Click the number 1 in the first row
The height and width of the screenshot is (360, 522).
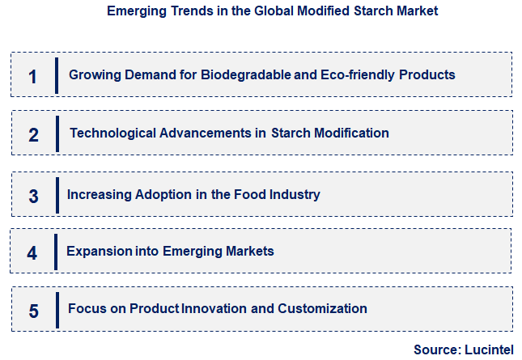(x=32, y=77)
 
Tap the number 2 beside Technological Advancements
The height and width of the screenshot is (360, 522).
(x=33, y=134)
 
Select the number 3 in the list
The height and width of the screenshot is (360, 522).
(x=33, y=196)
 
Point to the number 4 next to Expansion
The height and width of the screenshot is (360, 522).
(x=32, y=252)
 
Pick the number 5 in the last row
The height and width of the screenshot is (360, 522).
(x=33, y=311)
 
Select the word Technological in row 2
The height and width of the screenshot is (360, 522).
(x=109, y=133)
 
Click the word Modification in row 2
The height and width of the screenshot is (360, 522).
(x=348, y=133)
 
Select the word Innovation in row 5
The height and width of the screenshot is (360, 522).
(x=215, y=308)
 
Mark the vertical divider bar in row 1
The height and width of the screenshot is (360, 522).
(x=57, y=75)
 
